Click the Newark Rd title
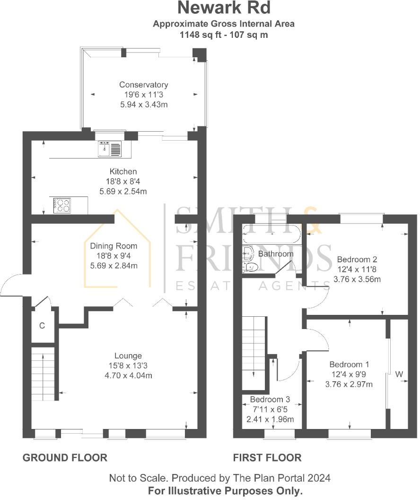[x=224, y=9]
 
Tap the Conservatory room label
[x=143, y=85]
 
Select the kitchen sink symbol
[x=110, y=149]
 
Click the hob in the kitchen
[x=61, y=205]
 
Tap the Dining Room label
[x=114, y=246]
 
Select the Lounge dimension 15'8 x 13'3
[x=128, y=366]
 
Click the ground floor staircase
[x=44, y=374]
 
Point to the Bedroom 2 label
[x=357, y=259]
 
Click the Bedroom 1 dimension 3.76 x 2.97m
[x=349, y=384]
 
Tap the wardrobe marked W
[x=399, y=375]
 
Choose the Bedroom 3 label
[x=270, y=399]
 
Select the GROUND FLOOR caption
[x=65, y=457]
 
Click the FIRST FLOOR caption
[x=267, y=457]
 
